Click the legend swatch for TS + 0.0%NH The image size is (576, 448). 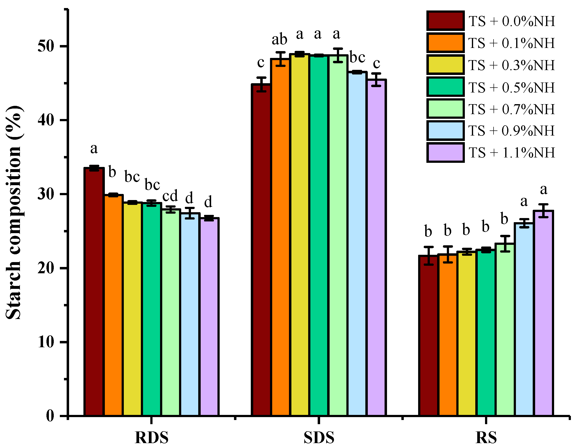(x=445, y=21)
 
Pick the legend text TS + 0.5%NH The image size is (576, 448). (x=511, y=87)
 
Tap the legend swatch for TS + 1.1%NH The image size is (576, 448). (x=445, y=153)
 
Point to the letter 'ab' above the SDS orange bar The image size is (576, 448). (x=279, y=40)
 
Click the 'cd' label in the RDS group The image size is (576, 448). (x=170, y=196)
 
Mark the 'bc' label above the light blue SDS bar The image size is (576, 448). (x=357, y=57)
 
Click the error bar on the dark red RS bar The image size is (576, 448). (x=429, y=256)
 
